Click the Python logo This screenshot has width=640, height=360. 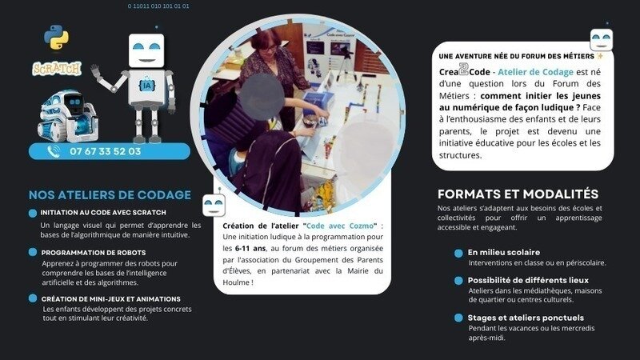(x=56, y=37)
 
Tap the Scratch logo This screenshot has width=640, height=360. (x=57, y=69)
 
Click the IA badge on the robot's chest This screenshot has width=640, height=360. (x=146, y=86)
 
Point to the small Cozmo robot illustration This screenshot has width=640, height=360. (x=68, y=116)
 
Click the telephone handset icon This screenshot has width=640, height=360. (x=54, y=151)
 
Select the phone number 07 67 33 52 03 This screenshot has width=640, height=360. (x=106, y=151)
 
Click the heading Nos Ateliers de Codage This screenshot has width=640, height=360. (x=110, y=194)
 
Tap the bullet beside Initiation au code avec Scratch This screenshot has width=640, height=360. (x=33, y=213)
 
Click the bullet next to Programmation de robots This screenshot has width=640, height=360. (x=33, y=252)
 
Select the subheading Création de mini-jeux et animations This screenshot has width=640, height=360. (x=110, y=298)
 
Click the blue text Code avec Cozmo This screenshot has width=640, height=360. (x=339, y=226)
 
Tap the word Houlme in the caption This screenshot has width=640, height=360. (x=235, y=282)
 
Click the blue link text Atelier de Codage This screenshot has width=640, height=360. (x=535, y=72)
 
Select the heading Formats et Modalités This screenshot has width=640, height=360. (x=518, y=194)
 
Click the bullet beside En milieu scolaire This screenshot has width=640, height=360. (x=458, y=254)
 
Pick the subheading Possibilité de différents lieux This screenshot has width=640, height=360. (x=528, y=280)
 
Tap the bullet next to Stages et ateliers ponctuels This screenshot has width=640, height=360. (x=458, y=318)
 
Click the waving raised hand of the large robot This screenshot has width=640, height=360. (x=96, y=71)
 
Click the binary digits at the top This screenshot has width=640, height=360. (x=158, y=6)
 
